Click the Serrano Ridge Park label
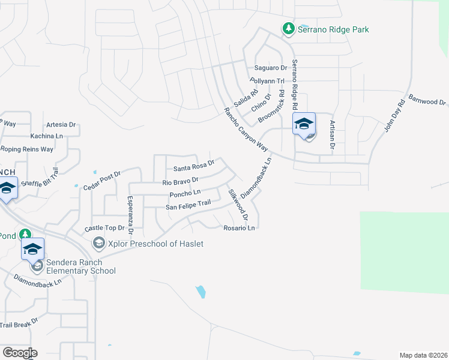point(334,29)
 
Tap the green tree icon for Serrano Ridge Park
point(289,28)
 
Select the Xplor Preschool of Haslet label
point(155,244)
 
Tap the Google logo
point(19,352)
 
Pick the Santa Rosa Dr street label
point(194,168)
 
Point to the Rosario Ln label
point(240,228)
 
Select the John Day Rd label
point(395,116)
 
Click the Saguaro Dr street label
point(271,68)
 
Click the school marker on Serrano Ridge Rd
point(304,124)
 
